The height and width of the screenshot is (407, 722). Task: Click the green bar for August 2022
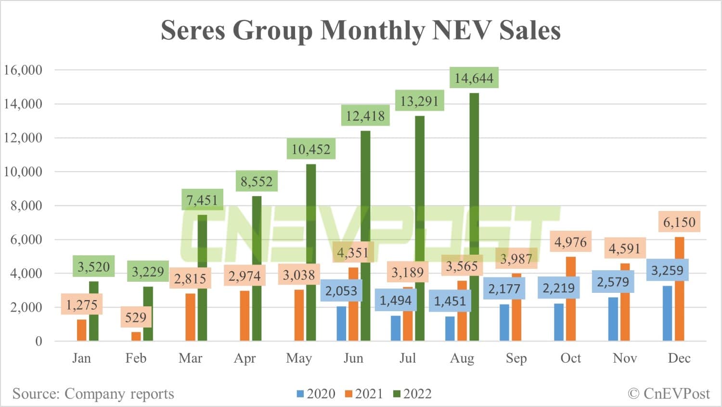pyautogui.click(x=474, y=217)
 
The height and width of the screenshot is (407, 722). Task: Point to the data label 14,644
pyautogui.click(x=474, y=78)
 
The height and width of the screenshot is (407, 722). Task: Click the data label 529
pyautogui.click(x=135, y=317)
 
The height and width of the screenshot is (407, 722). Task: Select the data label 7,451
pyautogui.click(x=202, y=200)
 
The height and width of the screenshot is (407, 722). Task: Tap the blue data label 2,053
pyautogui.click(x=341, y=291)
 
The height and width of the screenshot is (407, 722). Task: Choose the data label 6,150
pyautogui.click(x=679, y=222)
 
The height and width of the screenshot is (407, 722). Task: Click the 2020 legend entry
pyautogui.click(x=316, y=394)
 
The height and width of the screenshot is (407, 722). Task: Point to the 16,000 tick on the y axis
pyautogui.click(x=23, y=70)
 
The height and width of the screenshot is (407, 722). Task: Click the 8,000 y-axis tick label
pyautogui.click(x=26, y=206)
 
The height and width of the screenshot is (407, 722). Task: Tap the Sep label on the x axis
pyautogui.click(x=516, y=358)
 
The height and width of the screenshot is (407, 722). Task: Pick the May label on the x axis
pyautogui.click(x=298, y=358)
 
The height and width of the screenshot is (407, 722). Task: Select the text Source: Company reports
pyautogui.click(x=93, y=394)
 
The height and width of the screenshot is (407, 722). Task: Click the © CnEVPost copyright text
pyautogui.click(x=669, y=394)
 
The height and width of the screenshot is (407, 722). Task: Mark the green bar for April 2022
pyautogui.click(x=257, y=270)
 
